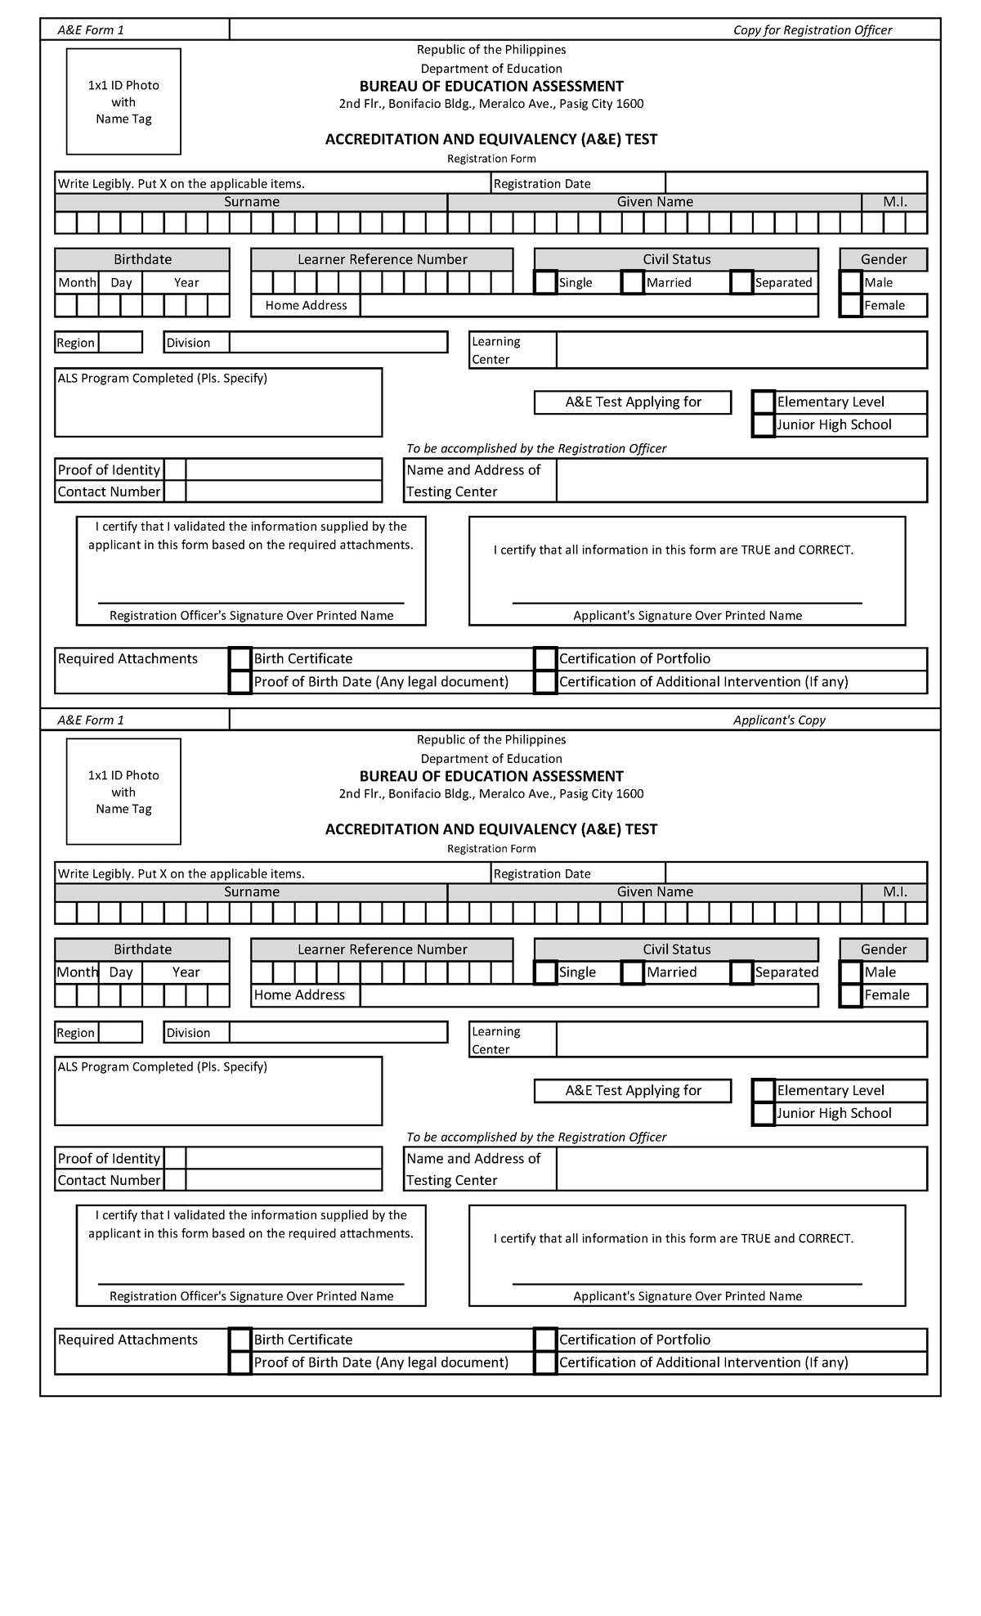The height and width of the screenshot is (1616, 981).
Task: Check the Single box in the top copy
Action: [545, 282]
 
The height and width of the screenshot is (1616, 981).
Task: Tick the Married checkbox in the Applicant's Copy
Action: [633, 972]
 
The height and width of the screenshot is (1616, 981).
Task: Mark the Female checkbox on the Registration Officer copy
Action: [851, 306]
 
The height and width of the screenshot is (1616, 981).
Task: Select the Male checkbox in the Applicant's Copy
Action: [851, 972]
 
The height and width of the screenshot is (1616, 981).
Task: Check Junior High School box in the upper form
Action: [764, 425]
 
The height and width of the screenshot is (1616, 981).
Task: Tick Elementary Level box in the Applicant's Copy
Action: [764, 1091]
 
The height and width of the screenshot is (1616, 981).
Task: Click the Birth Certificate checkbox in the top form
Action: [240, 659]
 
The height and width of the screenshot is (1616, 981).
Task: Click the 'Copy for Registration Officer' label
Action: [812, 30]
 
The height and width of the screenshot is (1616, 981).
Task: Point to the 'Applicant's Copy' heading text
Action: [778, 720]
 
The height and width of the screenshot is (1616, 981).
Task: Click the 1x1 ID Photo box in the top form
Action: [123, 101]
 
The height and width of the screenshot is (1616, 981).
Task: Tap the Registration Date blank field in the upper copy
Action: [795, 183]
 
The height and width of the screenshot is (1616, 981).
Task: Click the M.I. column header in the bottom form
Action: [894, 892]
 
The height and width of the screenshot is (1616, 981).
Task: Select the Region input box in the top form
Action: [120, 343]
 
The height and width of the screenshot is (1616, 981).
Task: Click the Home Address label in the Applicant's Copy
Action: [300, 995]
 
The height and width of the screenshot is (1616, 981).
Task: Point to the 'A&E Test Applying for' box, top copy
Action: [633, 402]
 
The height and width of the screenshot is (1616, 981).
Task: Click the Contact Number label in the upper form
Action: [109, 492]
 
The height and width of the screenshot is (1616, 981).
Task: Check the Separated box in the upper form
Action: [741, 282]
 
